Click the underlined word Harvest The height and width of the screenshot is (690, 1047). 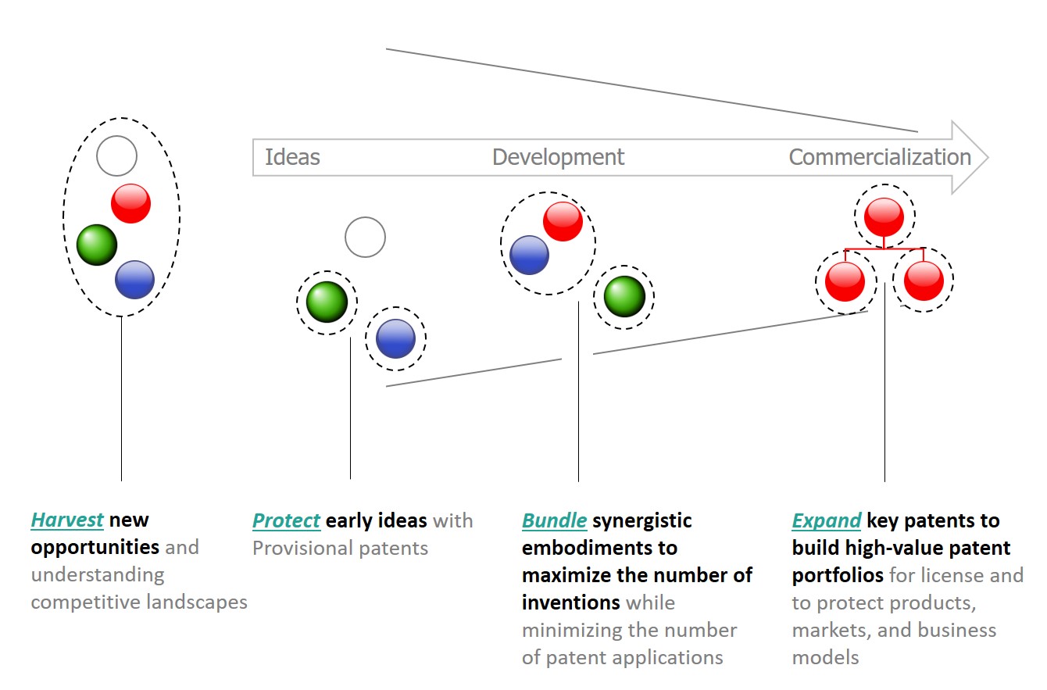coord(67,520)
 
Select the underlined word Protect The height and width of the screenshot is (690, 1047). coord(286,520)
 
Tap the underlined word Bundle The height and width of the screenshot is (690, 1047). coord(554,520)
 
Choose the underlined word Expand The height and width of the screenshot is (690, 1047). coord(826,520)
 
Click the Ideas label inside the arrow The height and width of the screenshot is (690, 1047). coord(292,157)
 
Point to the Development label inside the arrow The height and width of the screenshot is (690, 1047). coord(558,157)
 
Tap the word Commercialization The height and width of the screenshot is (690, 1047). coord(880,157)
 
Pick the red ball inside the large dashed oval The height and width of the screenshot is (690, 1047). coord(130,203)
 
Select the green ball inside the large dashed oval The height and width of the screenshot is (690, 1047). coord(97,245)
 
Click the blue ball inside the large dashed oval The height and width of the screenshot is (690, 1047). coord(135,279)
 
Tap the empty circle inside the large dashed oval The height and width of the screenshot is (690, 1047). coord(117,156)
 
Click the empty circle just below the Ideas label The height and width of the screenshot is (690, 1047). coord(365,237)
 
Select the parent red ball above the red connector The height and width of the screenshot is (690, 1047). coord(884,216)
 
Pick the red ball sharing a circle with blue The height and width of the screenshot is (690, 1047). coord(563,221)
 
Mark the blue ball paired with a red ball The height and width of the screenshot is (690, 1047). coord(530,255)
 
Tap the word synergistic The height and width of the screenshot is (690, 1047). coord(642,520)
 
